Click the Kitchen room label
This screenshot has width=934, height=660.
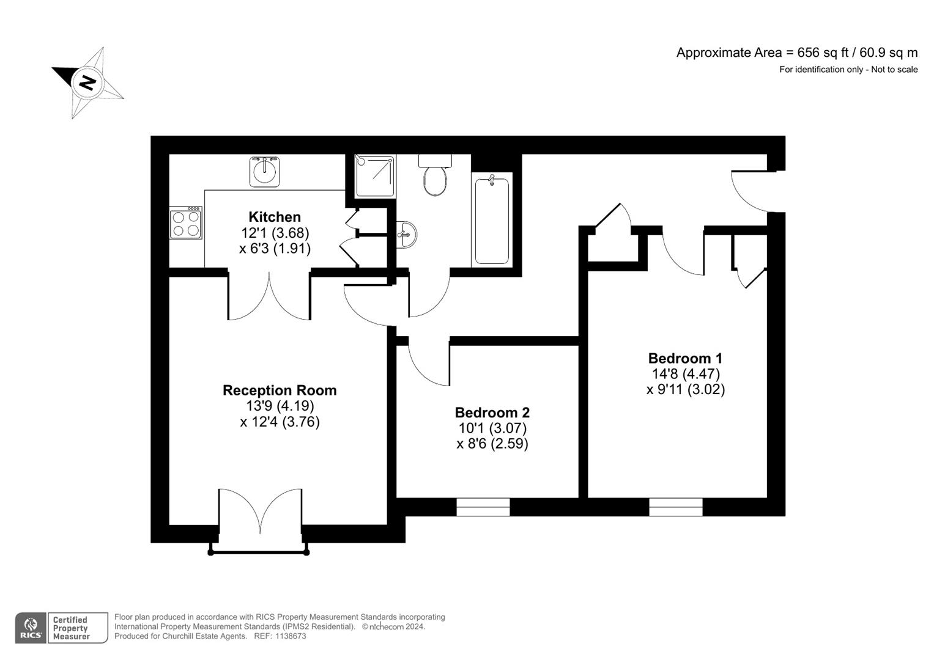(x=275, y=217)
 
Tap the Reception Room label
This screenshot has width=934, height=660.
(x=280, y=391)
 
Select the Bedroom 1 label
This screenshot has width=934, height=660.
(x=685, y=358)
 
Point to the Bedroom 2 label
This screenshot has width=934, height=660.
(x=492, y=413)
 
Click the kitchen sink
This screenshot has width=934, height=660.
(x=265, y=171)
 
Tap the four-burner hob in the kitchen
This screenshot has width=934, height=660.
(x=186, y=223)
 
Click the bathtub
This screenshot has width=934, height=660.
(x=492, y=220)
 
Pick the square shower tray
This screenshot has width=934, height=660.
(x=375, y=176)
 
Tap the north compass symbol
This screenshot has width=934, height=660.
(x=88, y=82)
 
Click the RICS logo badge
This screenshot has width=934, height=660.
(x=31, y=628)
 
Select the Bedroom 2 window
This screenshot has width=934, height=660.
(x=483, y=507)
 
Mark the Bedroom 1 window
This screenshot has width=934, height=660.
(x=676, y=507)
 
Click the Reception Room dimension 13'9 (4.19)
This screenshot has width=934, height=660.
(x=280, y=406)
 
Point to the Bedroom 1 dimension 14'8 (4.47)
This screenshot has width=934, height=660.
(x=685, y=373)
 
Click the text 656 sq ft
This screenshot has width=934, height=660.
(x=817, y=53)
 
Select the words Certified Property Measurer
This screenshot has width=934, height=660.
(x=71, y=628)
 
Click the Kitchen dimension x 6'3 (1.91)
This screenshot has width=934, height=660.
(x=275, y=249)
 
